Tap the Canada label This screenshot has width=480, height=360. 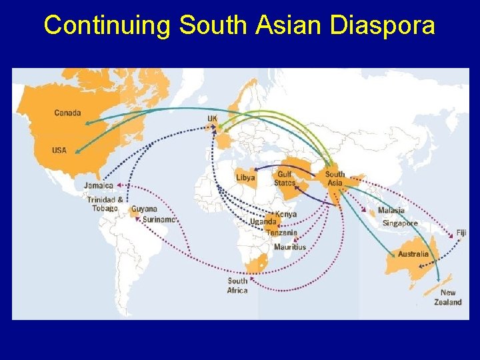67,113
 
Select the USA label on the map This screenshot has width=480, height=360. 59,150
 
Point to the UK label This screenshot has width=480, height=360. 212,119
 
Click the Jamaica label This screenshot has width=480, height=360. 98,185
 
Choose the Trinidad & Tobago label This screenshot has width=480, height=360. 105,203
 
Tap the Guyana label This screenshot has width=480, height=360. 144,209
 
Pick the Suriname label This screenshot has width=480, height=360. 159,219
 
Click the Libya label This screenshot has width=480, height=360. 245,178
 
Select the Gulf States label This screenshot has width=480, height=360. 285,178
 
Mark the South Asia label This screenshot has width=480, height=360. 335,178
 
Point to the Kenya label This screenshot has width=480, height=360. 286,214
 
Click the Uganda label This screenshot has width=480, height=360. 263,222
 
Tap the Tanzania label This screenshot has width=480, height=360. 281,233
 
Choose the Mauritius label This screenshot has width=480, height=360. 290,247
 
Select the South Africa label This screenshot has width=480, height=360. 237,285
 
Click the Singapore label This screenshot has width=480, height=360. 400,223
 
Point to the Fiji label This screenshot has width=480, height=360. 461,233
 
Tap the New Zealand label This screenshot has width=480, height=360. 448,297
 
